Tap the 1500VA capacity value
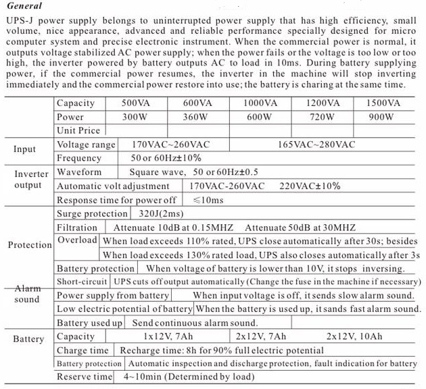point(383,103)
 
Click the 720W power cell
point(322,117)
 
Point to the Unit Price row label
point(78,130)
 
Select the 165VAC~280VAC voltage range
point(316,145)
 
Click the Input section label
point(25,149)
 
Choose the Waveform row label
point(79,172)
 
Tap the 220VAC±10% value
point(312,186)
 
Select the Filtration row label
point(77,228)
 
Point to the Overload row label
point(77,240)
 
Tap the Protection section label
point(30,245)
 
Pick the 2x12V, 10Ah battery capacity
point(354,336)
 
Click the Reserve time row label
point(84,377)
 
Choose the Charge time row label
point(82,351)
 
